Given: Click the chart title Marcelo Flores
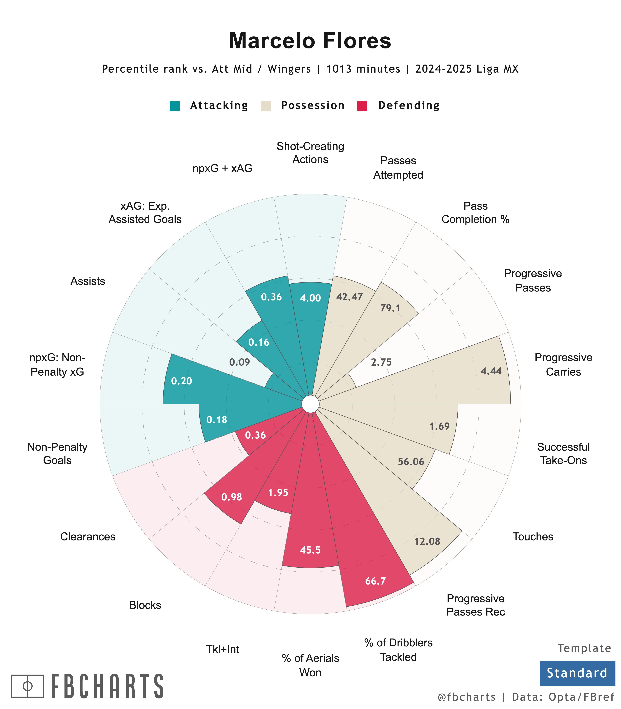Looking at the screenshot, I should point(310,41).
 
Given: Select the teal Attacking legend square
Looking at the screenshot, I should point(175,106).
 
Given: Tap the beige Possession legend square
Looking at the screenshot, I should point(265,106).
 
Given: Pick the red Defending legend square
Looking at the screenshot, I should point(362,106).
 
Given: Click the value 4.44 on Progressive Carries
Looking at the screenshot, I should point(491,371).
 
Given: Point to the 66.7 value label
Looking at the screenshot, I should point(375,581).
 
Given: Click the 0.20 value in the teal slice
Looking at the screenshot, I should point(182,381).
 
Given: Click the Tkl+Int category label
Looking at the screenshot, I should point(222,649).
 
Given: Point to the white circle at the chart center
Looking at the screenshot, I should point(310,404).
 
